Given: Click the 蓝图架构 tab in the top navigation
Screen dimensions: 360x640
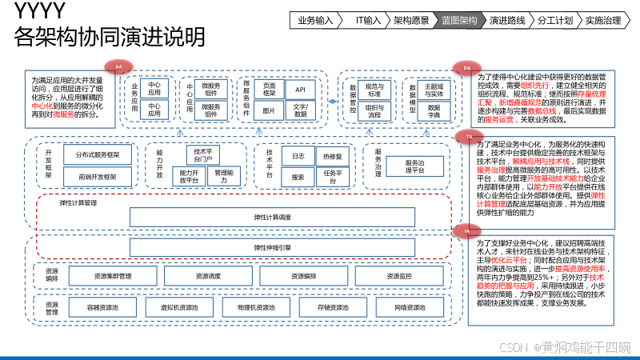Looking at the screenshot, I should click(460, 20).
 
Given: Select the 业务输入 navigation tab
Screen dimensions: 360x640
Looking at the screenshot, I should click(316, 20).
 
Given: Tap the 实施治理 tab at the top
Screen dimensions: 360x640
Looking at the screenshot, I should click(603, 20).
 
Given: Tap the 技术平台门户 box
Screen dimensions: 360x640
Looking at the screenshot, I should click(203, 154).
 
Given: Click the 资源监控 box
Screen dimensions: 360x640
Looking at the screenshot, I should click(399, 276).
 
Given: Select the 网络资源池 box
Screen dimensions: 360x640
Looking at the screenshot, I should click(399, 306).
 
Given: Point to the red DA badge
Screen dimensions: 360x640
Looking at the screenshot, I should click(467, 68).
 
